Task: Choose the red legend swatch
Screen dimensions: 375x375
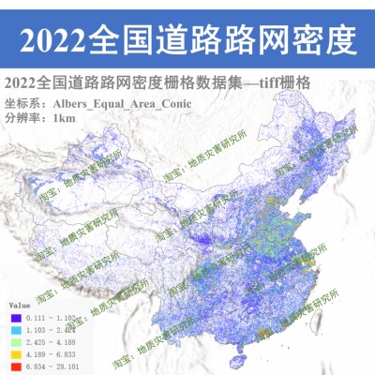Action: [14, 367]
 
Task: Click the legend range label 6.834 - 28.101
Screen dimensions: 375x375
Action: [47, 367]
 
